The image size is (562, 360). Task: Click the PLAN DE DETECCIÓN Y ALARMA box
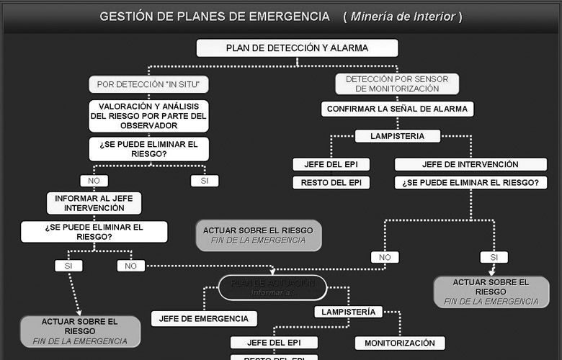[297, 48]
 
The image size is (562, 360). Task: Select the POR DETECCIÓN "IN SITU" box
[148, 84]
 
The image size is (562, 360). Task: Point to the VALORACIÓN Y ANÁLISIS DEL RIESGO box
[148, 116]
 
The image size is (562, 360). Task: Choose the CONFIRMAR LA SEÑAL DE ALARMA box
[397, 109]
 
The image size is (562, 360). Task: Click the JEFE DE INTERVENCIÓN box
[470, 164]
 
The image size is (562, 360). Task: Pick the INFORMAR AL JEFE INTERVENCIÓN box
[94, 203]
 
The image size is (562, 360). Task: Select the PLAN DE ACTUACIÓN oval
[272, 287]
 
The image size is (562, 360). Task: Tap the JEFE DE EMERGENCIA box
[203, 318]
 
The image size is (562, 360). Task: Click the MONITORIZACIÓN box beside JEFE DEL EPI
[399, 343]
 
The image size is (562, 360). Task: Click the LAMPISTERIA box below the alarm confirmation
[397, 135]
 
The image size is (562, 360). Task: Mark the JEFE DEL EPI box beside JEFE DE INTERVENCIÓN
[331, 164]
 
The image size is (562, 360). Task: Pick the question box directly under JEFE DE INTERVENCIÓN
[470, 183]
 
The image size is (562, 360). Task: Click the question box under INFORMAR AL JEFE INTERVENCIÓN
[94, 231]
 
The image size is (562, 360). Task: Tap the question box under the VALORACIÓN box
[148, 149]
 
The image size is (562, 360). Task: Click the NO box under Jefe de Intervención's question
[385, 257]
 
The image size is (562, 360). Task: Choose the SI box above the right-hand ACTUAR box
[494, 257]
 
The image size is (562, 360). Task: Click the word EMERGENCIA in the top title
[285, 16]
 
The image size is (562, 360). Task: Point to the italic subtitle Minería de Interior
[403, 16]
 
